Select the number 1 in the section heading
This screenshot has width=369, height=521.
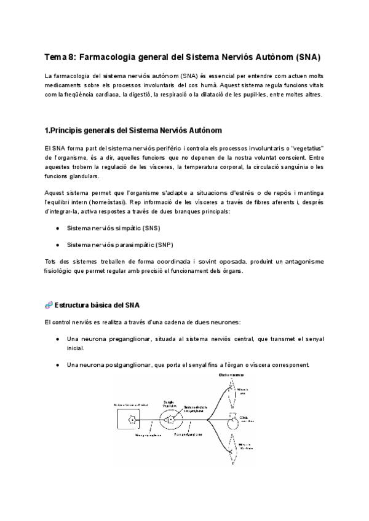point(47,131)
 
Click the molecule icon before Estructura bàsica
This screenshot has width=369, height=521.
point(49,305)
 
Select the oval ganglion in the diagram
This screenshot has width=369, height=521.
point(172,420)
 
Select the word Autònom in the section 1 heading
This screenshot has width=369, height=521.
point(204,131)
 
